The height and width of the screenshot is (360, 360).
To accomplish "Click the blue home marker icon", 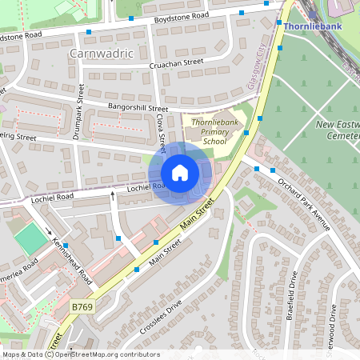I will (180, 173).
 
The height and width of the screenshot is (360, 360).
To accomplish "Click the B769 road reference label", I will (82, 306).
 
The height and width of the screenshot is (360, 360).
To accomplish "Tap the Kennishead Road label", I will (74, 254).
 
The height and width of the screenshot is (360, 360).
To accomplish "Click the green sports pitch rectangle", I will (30, 238).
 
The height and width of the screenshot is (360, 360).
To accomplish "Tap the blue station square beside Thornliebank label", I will (279, 26).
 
